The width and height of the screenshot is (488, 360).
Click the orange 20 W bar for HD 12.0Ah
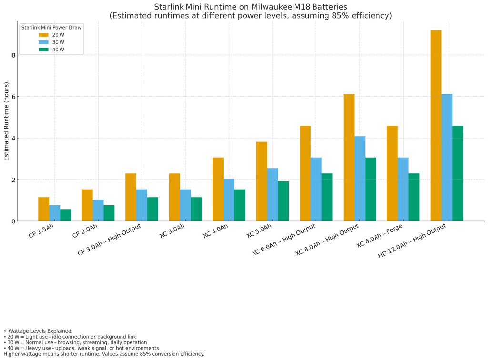(436, 126)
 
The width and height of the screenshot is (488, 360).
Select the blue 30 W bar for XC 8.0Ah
(359, 179)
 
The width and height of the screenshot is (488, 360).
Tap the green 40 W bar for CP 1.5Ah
(65, 215)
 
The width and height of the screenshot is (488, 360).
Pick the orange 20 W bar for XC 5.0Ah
(262, 181)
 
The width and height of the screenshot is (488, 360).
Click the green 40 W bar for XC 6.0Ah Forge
(414, 197)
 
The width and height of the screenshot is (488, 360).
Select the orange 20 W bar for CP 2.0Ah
(87, 205)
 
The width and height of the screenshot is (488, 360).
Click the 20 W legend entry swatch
(43, 35)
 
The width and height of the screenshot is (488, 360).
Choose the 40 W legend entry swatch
(43, 50)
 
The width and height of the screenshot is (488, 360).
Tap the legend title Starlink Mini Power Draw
(51, 28)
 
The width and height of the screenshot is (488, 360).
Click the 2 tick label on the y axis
(14, 180)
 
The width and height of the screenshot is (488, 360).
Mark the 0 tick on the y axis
(14, 221)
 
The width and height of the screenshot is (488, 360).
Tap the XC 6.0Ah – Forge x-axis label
(380, 237)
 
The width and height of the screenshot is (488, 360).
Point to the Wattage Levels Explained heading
(40, 331)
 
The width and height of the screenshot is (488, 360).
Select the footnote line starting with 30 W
(77, 342)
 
